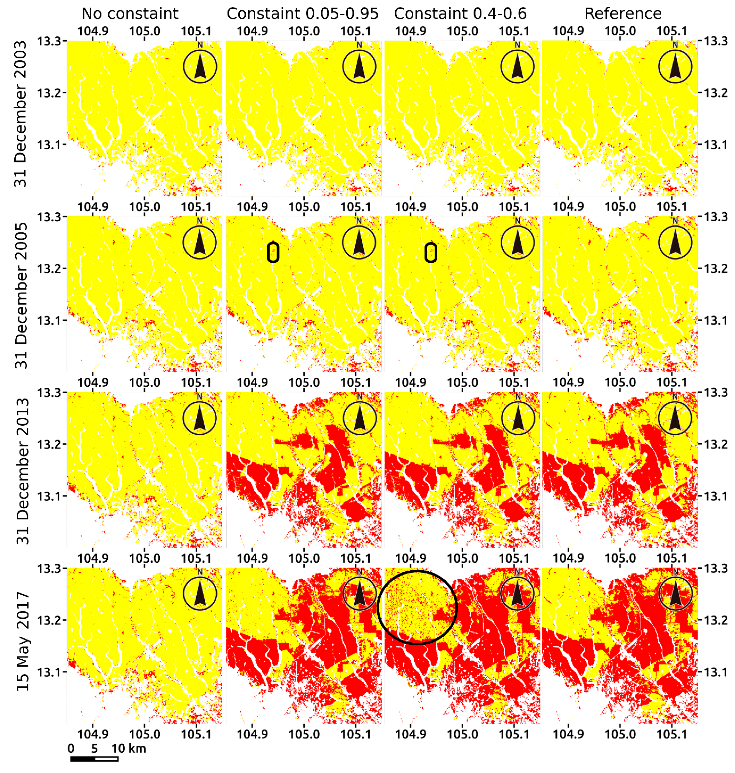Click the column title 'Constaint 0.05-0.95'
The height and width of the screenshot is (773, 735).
pyautogui.click(x=302, y=14)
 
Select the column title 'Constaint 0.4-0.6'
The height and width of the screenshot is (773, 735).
pyautogui.click(x=460, y=14)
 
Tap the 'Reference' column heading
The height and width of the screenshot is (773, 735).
pyautogui.click(x=623, y=14)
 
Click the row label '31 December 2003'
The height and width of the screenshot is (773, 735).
pyautogui.click(x=20, y=114)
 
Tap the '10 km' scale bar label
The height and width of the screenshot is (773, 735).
pyautogui.click(x=129, y=749)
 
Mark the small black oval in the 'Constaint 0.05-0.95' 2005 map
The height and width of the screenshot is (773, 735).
pyautogui.click(x=273, y=252)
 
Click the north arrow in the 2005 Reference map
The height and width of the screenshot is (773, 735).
pyautogui.click(x=675, y=242)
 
